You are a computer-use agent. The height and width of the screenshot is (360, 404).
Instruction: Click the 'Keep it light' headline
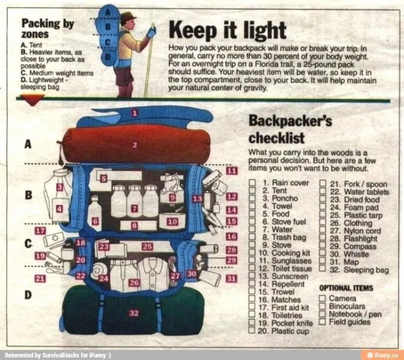coord(227,31)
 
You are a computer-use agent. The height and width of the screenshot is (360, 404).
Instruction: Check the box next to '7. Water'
coord(252,229)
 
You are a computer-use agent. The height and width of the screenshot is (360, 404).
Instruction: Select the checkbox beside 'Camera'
coord(322,299)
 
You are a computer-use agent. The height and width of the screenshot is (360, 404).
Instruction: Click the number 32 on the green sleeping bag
coord(134,313)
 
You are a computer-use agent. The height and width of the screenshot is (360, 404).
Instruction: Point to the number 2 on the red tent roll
coord(135,145)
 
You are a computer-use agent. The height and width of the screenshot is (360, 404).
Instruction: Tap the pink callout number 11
coord(232,171)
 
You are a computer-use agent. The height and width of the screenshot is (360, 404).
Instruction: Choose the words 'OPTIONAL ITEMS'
coord(346,288)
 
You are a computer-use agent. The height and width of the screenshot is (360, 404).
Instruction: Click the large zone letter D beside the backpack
coord(28,295)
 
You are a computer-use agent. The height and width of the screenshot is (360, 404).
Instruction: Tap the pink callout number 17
coord(40,231)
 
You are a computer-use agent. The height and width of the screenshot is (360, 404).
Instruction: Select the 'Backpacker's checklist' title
coord(290,129)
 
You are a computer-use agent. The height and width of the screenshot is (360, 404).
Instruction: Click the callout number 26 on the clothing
coord(134,283)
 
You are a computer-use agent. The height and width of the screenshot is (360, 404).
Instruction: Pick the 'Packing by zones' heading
coord(47,29)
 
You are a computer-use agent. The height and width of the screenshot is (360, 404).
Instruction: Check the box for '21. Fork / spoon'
coord(323,183)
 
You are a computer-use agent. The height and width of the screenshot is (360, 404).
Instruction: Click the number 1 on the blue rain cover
coord(135,113)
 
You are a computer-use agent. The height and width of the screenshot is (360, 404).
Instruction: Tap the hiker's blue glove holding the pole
coord(151,32)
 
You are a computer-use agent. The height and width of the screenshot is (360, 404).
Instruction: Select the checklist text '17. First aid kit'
coord(283,307)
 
